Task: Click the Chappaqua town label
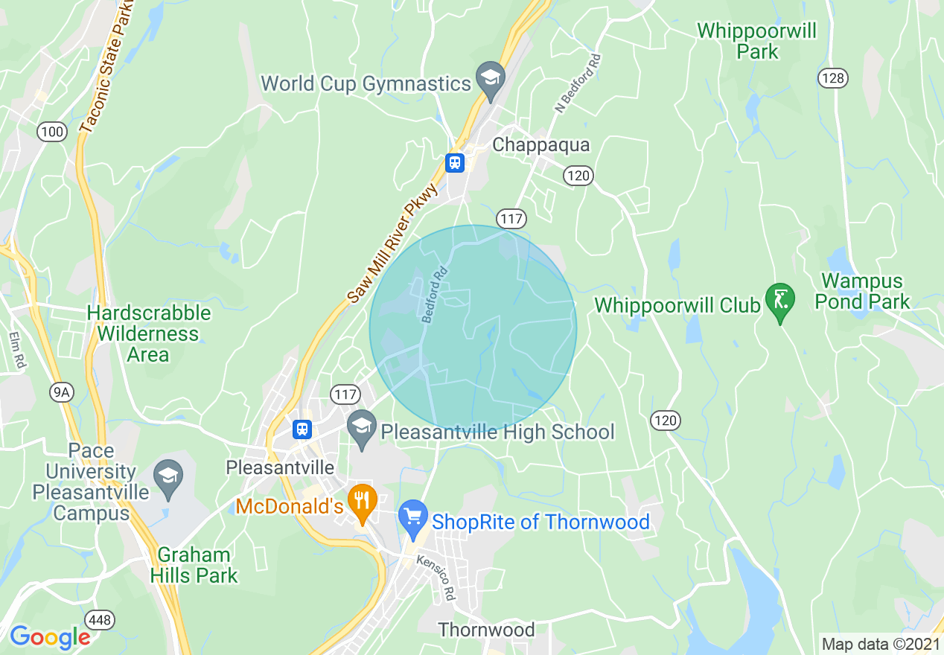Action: click(x=540, y=144)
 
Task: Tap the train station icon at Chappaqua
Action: click(x=454, y=162)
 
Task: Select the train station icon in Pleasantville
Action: click(x=302, y=429)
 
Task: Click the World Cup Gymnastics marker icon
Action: click(x=491, y=79)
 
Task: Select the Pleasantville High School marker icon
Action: click(x=363, y=428)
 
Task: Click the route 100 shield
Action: click(x=52, y=132)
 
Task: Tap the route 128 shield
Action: click(x=832, y=77)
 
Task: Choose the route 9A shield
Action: click(x=60, y=392)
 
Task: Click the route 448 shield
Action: click(x=100, y=619)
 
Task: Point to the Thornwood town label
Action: click(x=486, y=630)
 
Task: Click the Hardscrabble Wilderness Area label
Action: click(x=149, y=333)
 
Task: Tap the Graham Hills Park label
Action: click(x=194, y=565)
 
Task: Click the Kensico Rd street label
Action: click(x=436, y=578)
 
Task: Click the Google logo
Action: click(x=50, y=636)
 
